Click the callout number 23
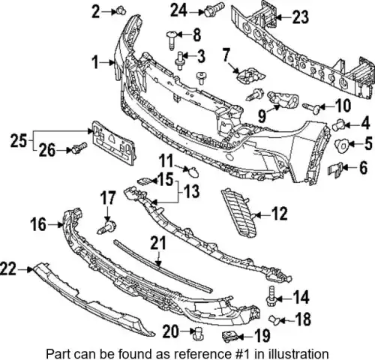point(300,17)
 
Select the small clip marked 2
point(121,10)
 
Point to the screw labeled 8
point(172,40)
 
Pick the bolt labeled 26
point(79,148)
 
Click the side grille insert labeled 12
point(239,213)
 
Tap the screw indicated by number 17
point(106,226)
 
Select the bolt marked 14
point(271,296)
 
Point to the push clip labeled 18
point(274,320)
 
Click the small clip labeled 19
point(229,337)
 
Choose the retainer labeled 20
point(198,333)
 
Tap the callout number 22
point(8,269)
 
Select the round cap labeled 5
point(341,145)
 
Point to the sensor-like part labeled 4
point(338,124)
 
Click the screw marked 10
point(311,108)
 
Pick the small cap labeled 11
point(193,171)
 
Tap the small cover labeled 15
point(145,181)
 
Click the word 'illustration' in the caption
point(291,353)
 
